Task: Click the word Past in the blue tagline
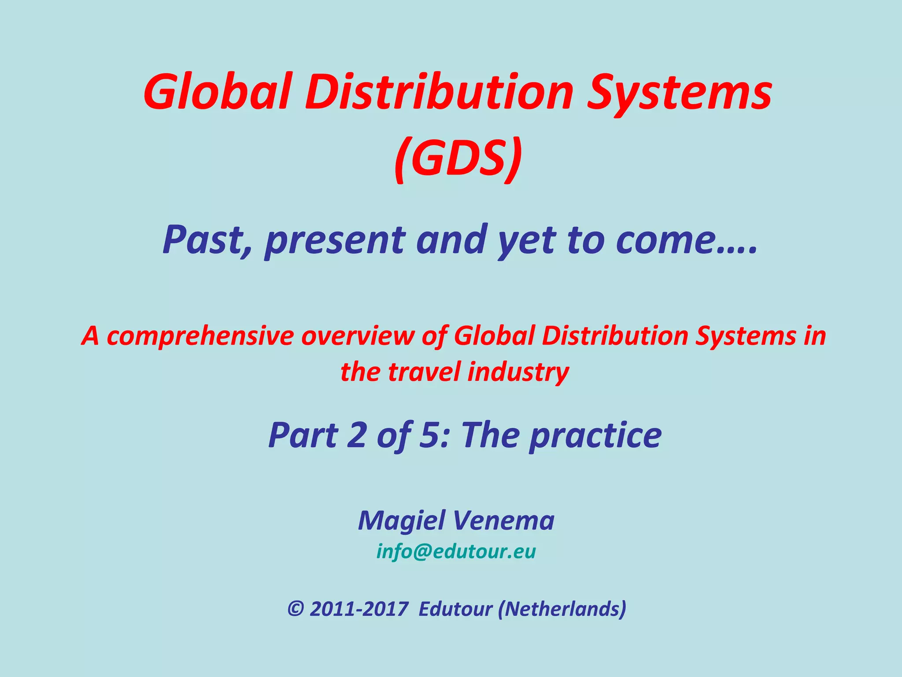(206, 240)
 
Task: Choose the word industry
(518, 372)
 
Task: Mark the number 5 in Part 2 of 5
(430, 435)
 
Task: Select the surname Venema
(504, 521)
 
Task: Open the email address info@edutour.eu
(456, 551)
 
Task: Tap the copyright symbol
(296, 609)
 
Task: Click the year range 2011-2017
(359, 609)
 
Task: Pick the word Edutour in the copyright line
(455, 609)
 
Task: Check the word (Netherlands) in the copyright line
(562, 609)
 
